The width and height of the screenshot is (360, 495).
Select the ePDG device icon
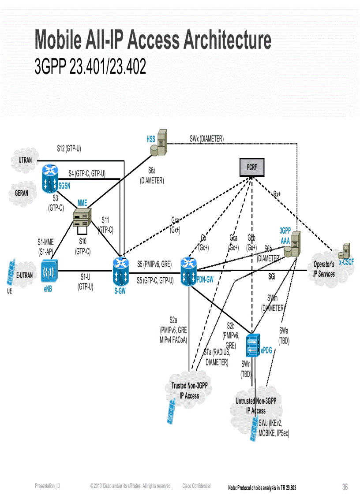(x=252, y=346)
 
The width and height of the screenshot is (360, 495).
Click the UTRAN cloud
(x=26, y=160)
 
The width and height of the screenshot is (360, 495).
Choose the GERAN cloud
(x=22, y=193)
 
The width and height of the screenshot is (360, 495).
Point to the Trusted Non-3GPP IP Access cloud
(x=190, y=391)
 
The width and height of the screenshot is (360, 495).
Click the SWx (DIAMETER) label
(x=206, y=138)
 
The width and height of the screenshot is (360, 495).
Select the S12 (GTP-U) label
(x=69, y=149)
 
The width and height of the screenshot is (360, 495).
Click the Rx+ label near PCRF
(x=277, y=194)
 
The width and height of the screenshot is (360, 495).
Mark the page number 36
(x=345, y=487)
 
